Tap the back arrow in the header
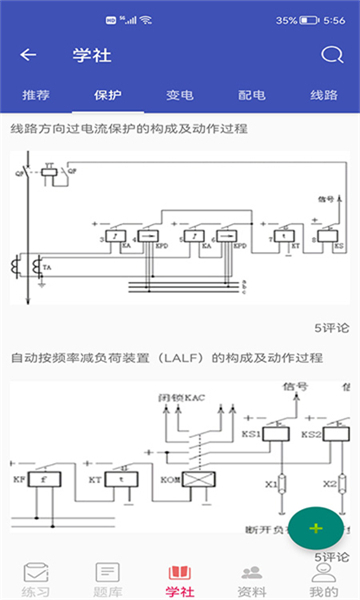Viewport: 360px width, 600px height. click(28, 55)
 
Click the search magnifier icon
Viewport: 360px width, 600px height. click(331, 55)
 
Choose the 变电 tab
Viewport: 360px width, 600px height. click(178, 96)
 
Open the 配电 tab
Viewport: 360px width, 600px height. click(252, 96)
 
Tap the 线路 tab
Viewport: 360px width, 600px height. click(324, 96)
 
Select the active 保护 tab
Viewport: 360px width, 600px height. click(107, 96)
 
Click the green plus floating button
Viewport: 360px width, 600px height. click(316, 528)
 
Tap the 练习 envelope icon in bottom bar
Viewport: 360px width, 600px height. click(36, 573)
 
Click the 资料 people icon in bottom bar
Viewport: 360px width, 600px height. click(252, 573)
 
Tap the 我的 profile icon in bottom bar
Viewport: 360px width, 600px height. click(323, 573)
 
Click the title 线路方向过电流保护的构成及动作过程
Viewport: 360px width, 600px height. click(129, 129)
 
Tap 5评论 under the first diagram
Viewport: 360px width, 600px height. click(331, 327)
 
